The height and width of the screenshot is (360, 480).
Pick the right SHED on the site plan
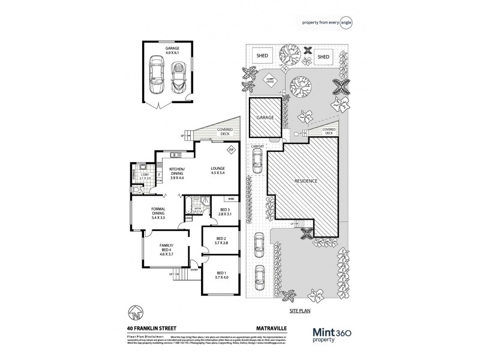[324, 56]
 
